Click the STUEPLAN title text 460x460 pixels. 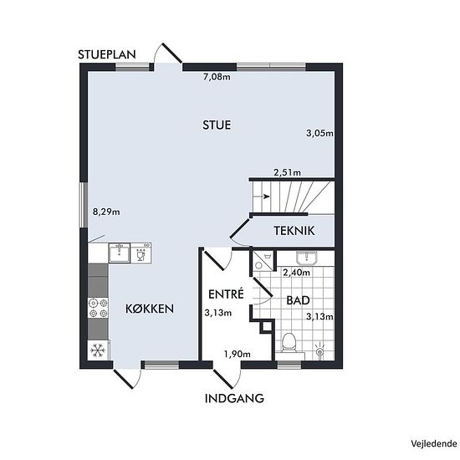[107, 54]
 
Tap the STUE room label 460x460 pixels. [217, 125]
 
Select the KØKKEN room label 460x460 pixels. [150, 309]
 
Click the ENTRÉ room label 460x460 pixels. [226, 294]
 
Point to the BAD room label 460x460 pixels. [298, 300]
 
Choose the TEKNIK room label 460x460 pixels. [294, 231]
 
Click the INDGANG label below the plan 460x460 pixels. [234, 398]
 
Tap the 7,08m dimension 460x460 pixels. [217, 77]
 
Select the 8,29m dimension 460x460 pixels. [106, 212]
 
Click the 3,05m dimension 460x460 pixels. [319, 133]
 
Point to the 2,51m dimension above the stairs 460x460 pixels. [287, 172]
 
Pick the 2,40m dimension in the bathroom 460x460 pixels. [296, 273]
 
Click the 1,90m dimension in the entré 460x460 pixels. [238, 354]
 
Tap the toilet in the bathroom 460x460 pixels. [289, 343]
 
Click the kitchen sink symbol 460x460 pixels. [119, 253]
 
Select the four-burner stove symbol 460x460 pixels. [99, 308]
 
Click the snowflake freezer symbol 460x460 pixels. [97, 350]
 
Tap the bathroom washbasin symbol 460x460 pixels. [307, 258]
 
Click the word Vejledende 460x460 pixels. [434, 443]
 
